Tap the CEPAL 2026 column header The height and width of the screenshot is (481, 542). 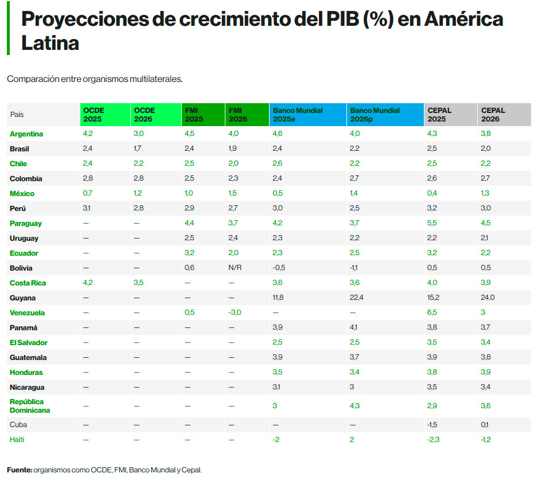pyautogui.click(x=494, y=115)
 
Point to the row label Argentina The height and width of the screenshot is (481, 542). pyautogui.click(x=26, y=134)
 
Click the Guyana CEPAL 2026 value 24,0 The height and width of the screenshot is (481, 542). pyautogui.click(x=488, y=298)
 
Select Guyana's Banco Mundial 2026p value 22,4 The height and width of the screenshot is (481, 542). pyautogui.click(x=357, y=298)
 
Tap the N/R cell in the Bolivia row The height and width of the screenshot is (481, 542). pyautogui.click(x=235, y=268)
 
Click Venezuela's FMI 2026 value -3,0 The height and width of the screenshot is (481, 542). pyautogui.click(x=235, y=313)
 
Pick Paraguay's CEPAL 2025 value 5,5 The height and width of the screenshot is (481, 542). pyautogui.click(x=432, y=224)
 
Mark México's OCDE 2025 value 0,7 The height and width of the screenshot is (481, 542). pyautogui.click(x=88, y=194)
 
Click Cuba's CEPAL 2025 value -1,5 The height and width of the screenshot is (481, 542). pyautogui.click(x=433, y=425)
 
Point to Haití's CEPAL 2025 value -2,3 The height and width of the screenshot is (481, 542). pyautogui.click(x=434, y=440)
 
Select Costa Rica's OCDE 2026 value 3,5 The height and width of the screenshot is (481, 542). pyautogui.click(x=138, y=283)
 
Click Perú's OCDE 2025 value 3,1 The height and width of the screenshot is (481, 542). pyautogui.click(x=88, y=209)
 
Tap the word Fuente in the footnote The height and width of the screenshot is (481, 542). pyautogui.click(x=19, y=470)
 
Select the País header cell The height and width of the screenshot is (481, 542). pyautogui.click(x=17, y=115)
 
